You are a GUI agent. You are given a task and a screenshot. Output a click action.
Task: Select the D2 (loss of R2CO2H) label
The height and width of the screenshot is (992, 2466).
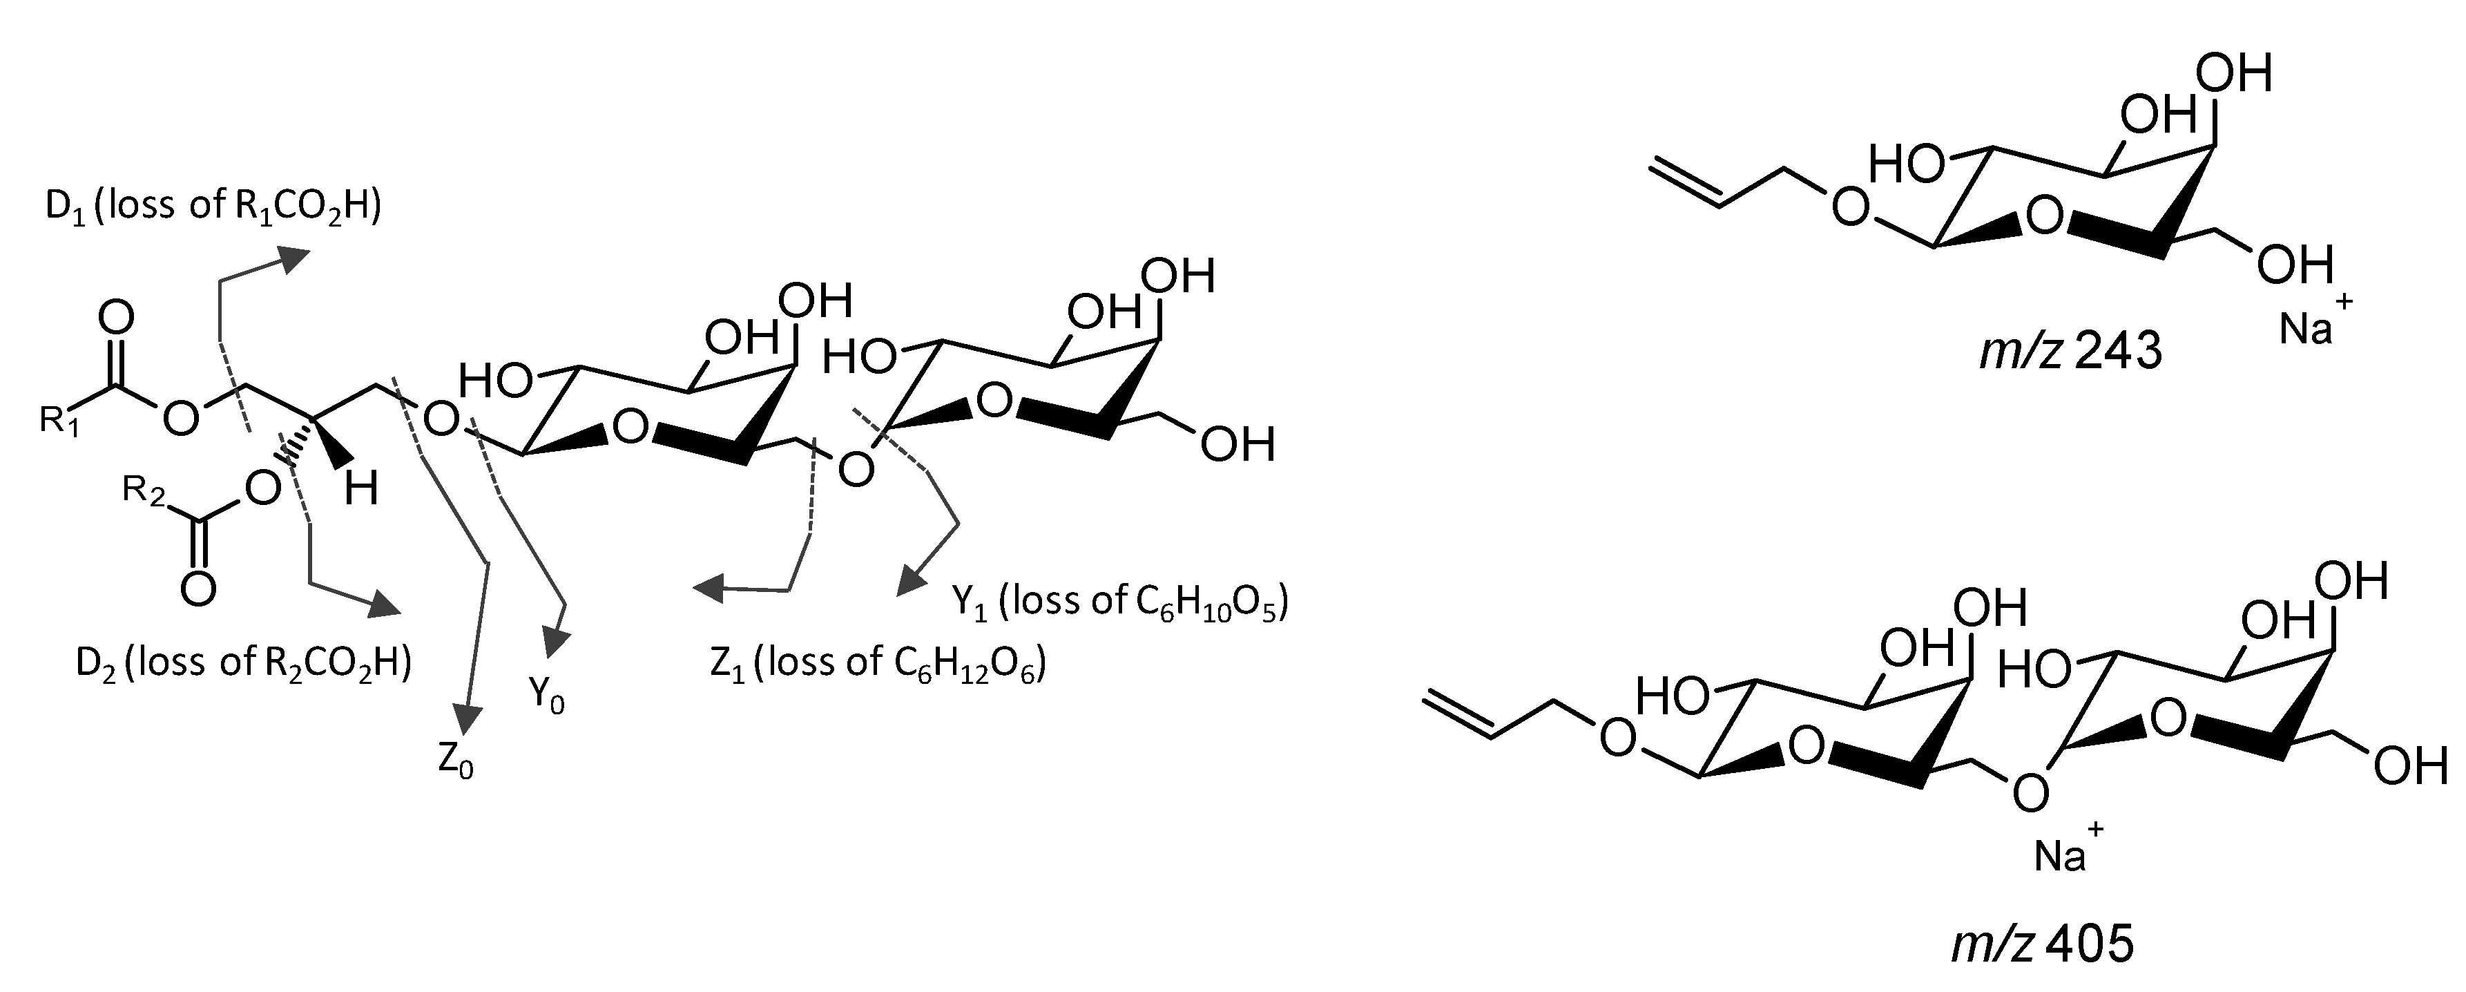pyautogui.click(x=243, y=662)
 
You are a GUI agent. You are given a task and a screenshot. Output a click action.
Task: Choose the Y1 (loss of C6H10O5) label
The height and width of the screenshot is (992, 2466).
pyautogui.click(x=1119, y=602)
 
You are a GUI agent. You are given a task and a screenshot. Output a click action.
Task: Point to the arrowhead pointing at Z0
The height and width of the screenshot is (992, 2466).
pyautogui.click(x=466, y=718)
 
